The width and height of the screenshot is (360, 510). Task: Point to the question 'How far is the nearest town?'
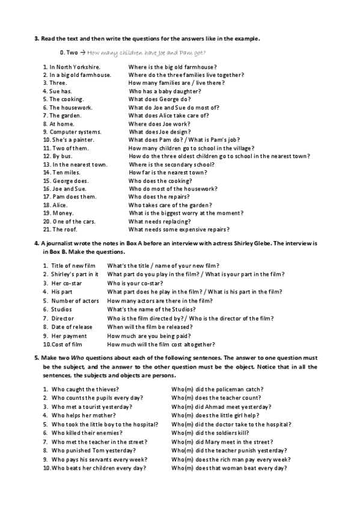tap(168, 172)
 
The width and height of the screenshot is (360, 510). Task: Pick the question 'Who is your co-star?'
tap(132, 283)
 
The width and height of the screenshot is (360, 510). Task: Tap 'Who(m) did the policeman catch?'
tap(217, 389)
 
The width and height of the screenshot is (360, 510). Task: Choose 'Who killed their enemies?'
tap(87, 432)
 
